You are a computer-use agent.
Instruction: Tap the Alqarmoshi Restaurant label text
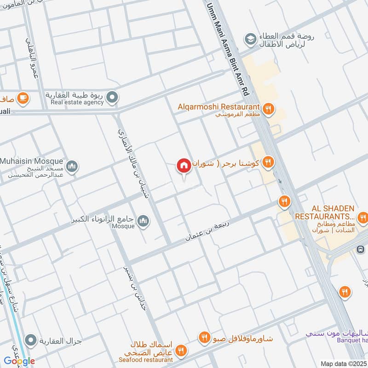tap(219, 106)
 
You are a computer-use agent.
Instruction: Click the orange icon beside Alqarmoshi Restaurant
tap(269, 109)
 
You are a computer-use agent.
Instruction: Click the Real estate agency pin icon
tap(112, 98)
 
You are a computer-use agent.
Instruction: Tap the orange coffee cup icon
tap(22, 98)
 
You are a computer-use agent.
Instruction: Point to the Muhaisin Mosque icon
tap(71, 167)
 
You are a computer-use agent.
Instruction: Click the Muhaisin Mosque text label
tap(31, 161)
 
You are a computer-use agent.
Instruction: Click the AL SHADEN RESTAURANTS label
tap(325, 212)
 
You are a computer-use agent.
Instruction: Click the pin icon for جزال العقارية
tap(31, 340)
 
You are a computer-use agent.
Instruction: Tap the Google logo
tap(19, 361)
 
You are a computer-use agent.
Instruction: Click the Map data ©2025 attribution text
tap(343, 363)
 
